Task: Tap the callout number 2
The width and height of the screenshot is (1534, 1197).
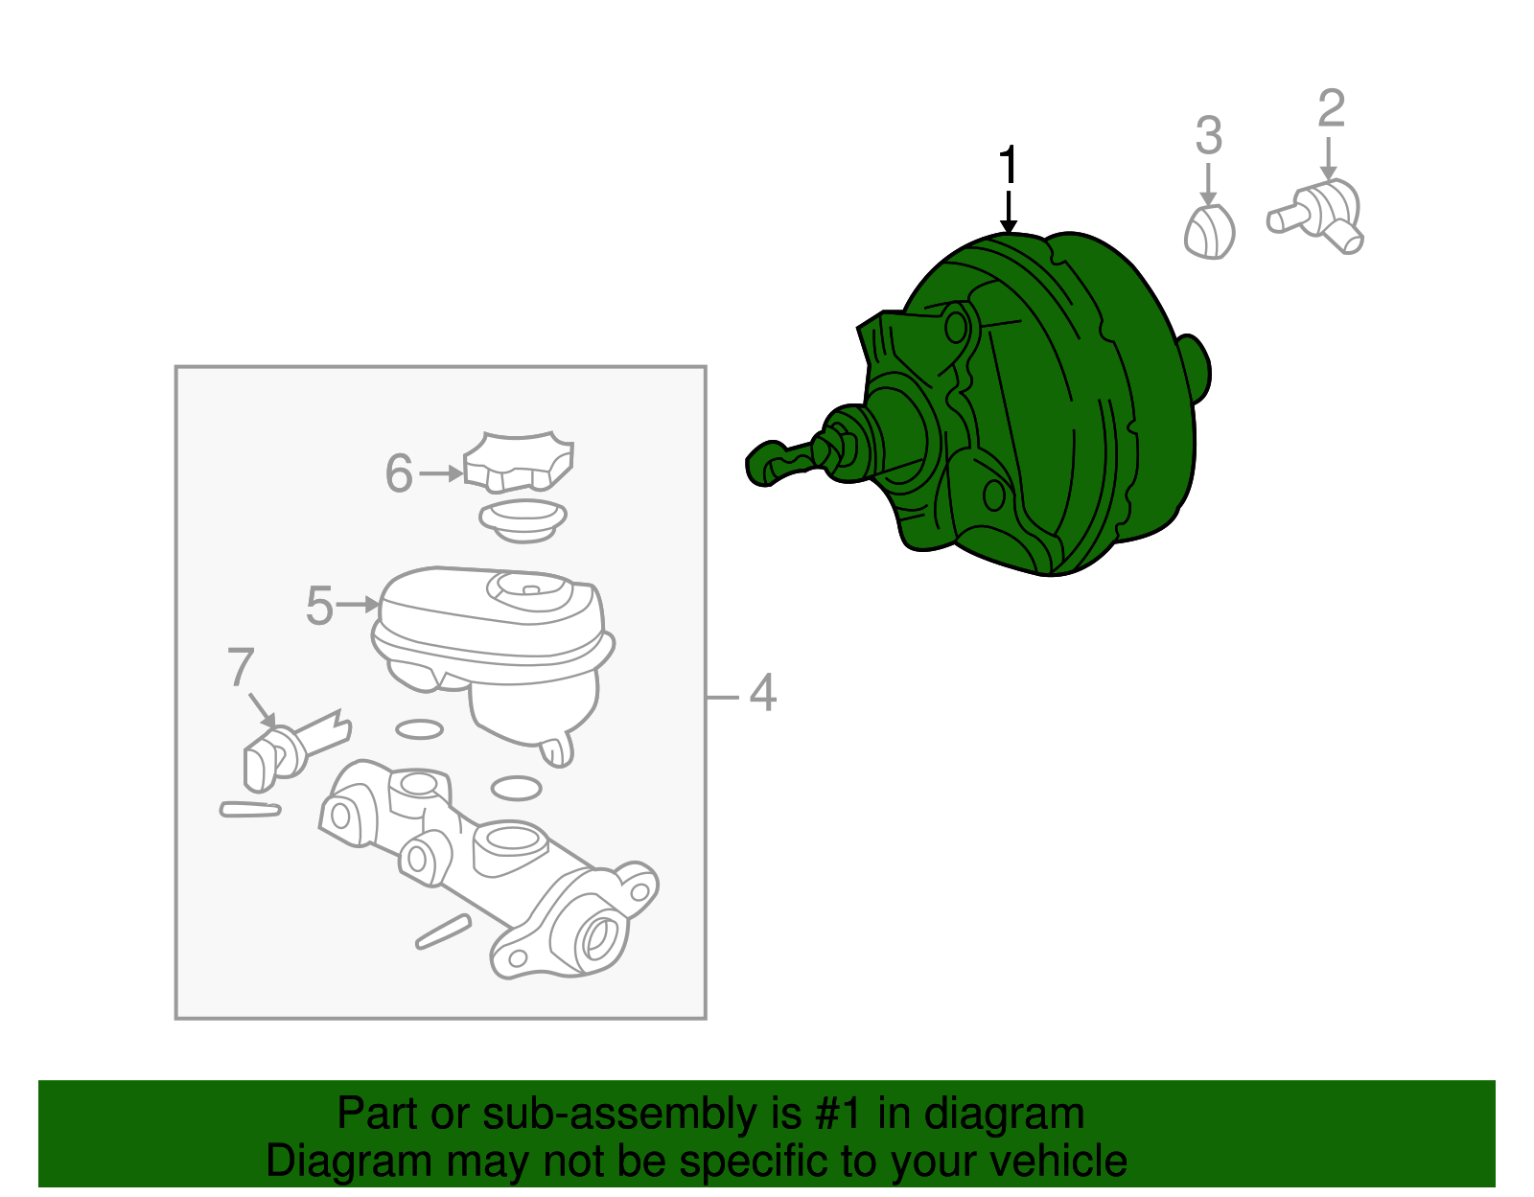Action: tap(1332, 108)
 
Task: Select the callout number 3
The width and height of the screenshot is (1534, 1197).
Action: tap(1209, 135)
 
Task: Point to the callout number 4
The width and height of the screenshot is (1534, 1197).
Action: tap(762, 692)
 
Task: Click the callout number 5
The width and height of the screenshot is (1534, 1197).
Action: tap(319, 605)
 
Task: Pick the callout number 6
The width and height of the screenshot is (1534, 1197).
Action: tap(399, 472)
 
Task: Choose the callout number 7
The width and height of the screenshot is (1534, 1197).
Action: tap(240, 666)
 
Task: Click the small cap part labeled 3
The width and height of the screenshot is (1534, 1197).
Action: tap(1209, 232)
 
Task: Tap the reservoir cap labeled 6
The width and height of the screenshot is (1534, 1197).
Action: tap(518, 461)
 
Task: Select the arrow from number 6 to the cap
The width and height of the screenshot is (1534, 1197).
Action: tap(441, 473)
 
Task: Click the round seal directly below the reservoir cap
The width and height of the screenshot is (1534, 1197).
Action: tap(523, 520)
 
